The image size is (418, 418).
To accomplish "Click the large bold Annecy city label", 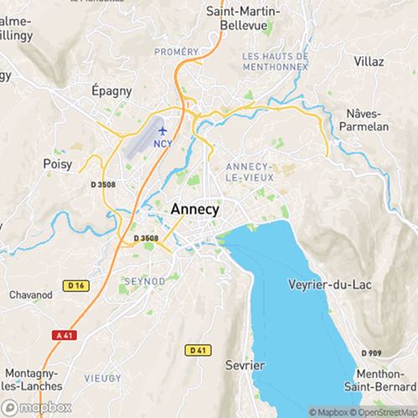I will (195, 211).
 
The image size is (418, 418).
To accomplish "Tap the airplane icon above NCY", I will (162, 131).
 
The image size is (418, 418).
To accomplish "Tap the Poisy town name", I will (59, 165).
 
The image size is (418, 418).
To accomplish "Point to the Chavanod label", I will (31, 294).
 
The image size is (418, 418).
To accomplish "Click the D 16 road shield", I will (78, 286).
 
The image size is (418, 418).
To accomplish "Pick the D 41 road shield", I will (197, 349).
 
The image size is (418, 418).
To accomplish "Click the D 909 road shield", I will (373, 354).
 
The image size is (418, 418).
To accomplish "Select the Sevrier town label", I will (244, 366).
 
